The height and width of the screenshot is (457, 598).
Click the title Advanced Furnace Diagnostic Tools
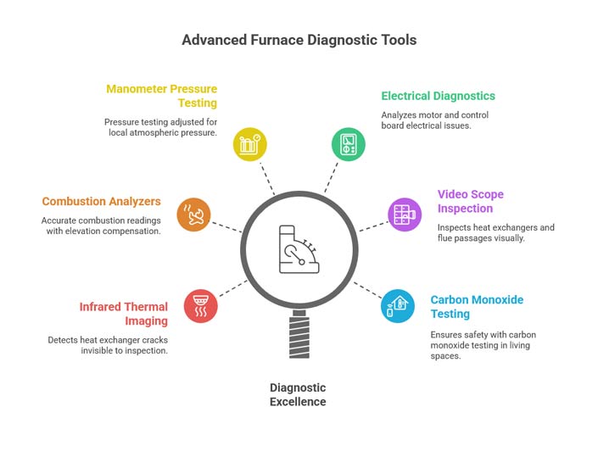(299, 40)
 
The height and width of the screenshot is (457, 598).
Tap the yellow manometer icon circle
(250, 144)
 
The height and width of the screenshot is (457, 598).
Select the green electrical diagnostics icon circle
(348, 143)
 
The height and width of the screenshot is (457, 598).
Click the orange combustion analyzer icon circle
(193, 215)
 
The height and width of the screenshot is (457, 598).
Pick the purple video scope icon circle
(405, 215)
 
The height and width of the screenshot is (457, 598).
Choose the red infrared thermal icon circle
(200, 306)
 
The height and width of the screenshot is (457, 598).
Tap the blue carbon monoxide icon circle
(397, 305)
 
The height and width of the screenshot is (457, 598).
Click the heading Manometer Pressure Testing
(161, 96)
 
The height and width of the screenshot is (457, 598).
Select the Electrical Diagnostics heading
(438, 96)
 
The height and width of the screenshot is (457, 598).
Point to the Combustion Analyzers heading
(101, 202)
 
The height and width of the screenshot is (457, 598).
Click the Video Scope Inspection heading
(471, 202)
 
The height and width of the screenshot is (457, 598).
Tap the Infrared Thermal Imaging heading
(123, 314)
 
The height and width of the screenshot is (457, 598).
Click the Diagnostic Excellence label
(298, 394)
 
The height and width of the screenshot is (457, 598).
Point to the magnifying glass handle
(299, 336)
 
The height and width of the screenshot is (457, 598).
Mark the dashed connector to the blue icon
(366, 288)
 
